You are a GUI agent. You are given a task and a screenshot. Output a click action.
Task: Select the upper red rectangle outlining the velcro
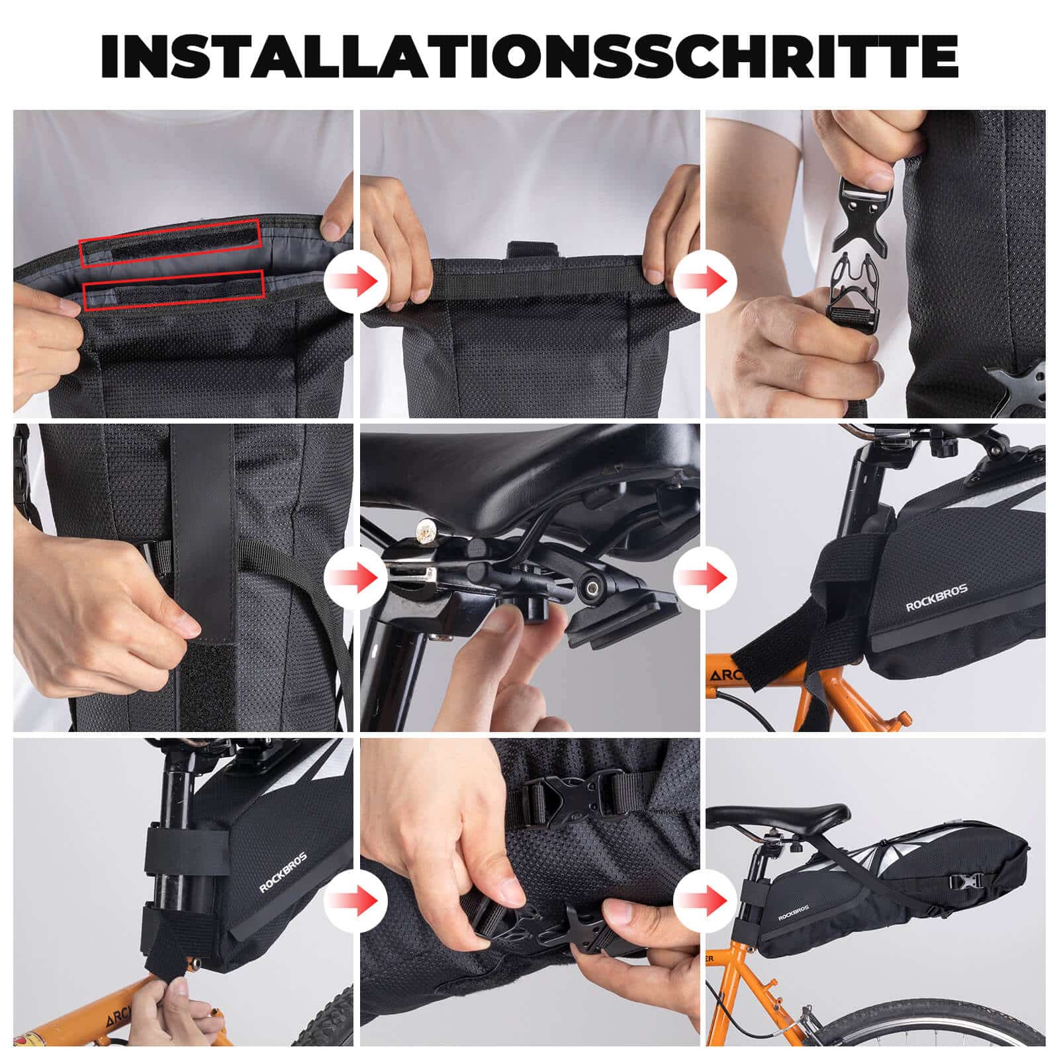(170, 244)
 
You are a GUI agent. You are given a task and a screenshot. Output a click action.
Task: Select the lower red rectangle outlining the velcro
(173, 291)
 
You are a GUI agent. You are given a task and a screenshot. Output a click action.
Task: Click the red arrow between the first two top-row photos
(355, 280)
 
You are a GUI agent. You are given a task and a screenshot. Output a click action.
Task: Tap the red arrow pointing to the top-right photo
(704, 281)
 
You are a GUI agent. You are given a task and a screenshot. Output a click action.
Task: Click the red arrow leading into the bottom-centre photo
(355, 900)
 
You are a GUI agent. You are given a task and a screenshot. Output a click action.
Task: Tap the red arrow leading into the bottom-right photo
(704, 900)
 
